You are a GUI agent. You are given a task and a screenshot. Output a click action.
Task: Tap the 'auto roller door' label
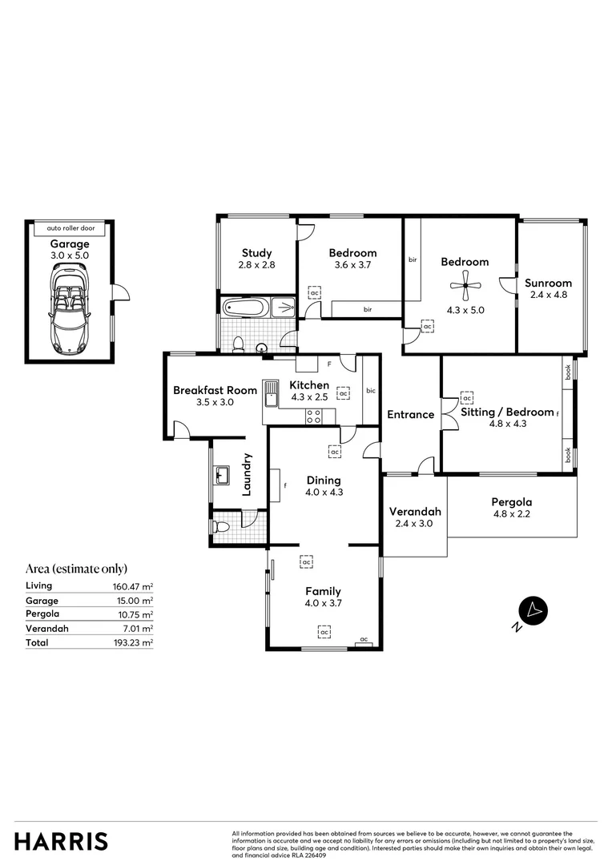click(x=70, y=227)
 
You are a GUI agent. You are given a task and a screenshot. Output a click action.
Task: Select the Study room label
click(x=256, y=253)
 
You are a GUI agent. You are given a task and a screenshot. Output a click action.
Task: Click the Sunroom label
click(x=548, y=283)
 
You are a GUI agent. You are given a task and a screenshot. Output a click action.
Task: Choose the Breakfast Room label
click(x=215, y=391)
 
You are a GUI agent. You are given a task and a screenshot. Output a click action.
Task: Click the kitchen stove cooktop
click(x=314, y=416)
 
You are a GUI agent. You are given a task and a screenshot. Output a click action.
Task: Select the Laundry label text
click(x=248, y=474)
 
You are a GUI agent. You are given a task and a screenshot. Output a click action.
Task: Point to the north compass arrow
click(x=533, y=610)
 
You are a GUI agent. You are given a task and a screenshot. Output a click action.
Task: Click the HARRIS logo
click(x=61, y=841)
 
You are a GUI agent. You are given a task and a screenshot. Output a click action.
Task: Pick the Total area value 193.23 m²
click(x=133, y=642)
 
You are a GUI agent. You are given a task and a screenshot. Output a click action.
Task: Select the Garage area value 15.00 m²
click(x=134, y=600)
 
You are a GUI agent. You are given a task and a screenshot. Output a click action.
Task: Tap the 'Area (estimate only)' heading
click(x=77, y=569)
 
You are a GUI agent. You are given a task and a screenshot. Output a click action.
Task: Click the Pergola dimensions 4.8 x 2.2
click(x=511, y=514)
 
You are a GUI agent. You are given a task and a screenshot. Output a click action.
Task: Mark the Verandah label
click(x=415, y=512)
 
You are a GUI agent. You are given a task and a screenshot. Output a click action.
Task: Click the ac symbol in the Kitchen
click(x=343, y=394)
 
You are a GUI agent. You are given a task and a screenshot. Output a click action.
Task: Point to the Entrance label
click(x=410, y=415)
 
